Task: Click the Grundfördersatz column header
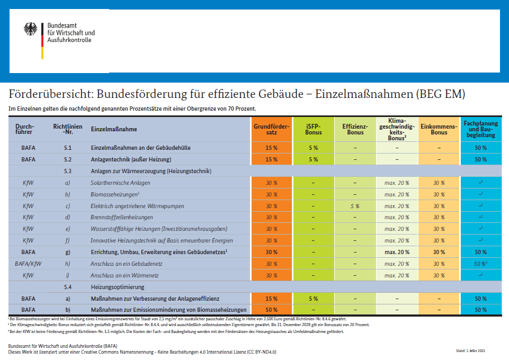pyautogui.click(x=271, y=129)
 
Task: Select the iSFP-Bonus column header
pyautogui.click(x=314, y=129)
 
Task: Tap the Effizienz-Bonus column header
pyautogui.click(x=355, y=129)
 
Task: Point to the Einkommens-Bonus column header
pyautogui.click(x=439, y=129)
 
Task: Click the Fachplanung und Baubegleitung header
pyautogui.click(x=481, y=129)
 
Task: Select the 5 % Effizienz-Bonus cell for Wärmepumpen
pyautogui.click(x=355, y=206)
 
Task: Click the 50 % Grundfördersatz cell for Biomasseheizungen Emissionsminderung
pyautogui.click(x=271, y=310)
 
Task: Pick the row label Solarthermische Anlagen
pyautogui.click(x=121, y=183)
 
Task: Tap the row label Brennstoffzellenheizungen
pyautogui.click(x=122, y=218)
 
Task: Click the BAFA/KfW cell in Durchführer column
pyautogui.click(x=28, y=264)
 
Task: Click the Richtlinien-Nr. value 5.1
pyautogui.click(x=67, y=148)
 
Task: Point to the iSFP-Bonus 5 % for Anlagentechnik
pyautogui.click(x=314, y=159)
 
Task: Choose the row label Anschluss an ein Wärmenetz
pyautogui.click(x=124, y=276)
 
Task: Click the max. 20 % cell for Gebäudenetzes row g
pyautogui.click(x=397, y=253)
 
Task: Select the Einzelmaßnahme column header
pyautogui.click(x=114, y=129)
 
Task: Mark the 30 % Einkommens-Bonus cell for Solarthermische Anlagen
pyautogui.click(x=439, y=183)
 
